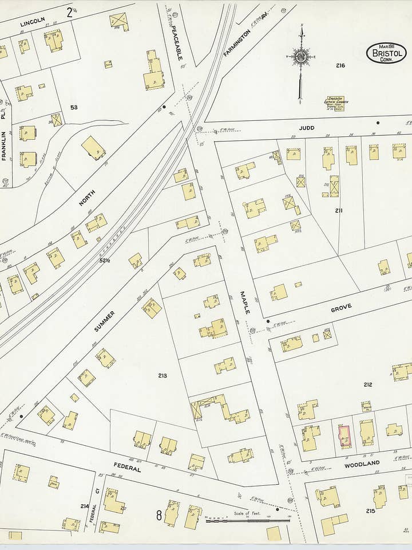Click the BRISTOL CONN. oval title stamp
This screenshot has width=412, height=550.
click(386, 53)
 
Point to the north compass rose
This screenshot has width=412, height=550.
click(300, 57)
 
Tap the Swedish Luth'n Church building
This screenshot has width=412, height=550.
click(335, 103)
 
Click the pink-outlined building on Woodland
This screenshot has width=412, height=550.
click(344, 437)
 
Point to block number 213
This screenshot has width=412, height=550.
click(163, 376)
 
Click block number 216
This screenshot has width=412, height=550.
click(340, 66)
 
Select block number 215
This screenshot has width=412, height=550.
click(370, 510)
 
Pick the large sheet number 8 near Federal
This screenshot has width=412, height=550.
click(159, 515)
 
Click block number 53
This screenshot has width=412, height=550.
click(74, 107)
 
